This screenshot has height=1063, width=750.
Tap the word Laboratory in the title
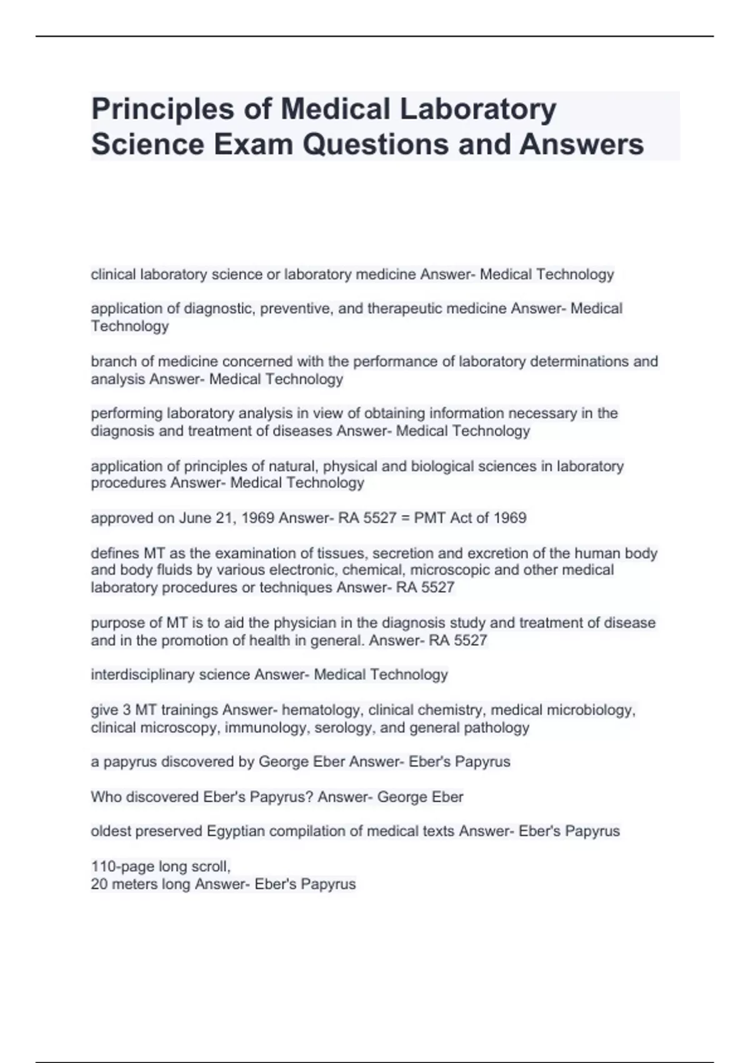[x=477, y=109]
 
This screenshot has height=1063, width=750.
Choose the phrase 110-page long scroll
[x=161, y=867]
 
